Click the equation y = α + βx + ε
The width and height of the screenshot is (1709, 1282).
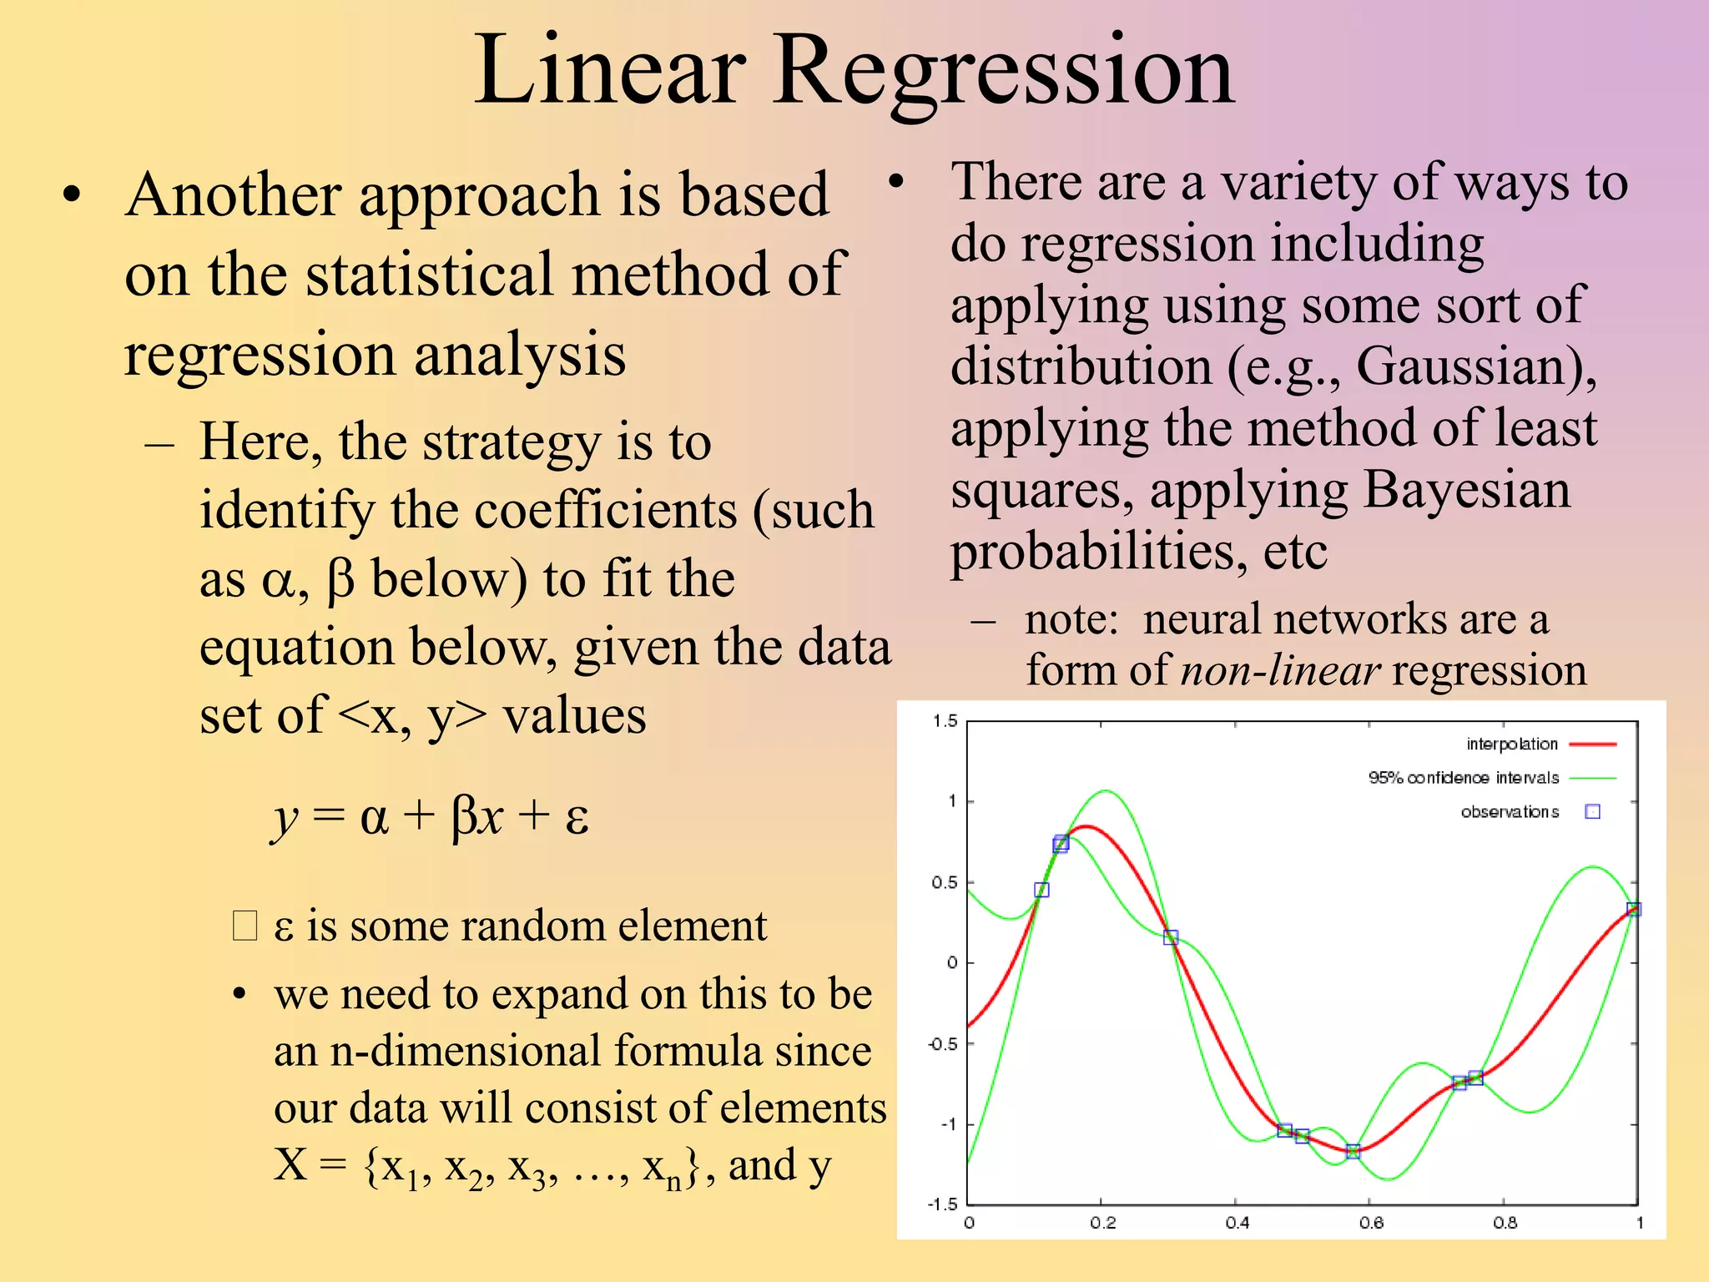coord(431,815)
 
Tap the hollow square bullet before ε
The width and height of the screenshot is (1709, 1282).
coord(245,926)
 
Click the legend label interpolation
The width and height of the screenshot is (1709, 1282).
coord(1511,744)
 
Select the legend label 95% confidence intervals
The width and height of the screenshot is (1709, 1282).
coord(1463,778)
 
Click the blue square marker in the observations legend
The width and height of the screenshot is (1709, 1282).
coord(1592,811)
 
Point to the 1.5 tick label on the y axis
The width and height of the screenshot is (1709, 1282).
coord(945,721)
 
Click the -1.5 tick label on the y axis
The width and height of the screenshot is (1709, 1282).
coord(943,1204)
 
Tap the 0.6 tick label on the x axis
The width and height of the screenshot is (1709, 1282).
coord(1371,1223)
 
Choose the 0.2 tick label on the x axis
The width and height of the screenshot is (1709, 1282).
coord(1102,1223)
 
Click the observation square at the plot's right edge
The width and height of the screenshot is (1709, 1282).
coord(1634,909)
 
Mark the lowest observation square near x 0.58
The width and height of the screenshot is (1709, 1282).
coord(1354,1151)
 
